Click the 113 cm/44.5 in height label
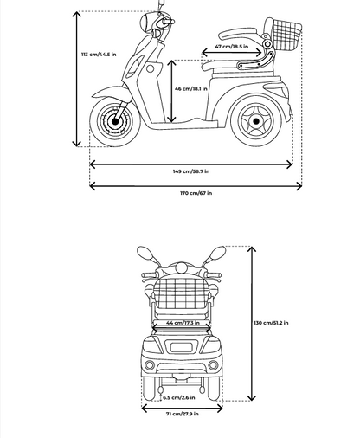click(x=99, y=55)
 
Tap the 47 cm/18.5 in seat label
click(x=231, y=46)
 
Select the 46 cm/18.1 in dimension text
click(x=191, y=88)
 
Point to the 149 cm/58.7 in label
click(x=191, y=171)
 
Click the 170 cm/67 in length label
click(x=196, y=193)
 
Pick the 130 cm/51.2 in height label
click(x=271, y=323)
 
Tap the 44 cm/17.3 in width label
click(x=183, y=323)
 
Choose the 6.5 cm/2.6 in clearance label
click(x=179, y=397)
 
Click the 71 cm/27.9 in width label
click(x=183, y=414)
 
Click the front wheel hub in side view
click(x=115, y=121)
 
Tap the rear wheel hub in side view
click(x=255, y=121)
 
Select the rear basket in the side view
click(x=287, y=34)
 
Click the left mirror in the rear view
click(x=145, y=254)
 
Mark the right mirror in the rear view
click(x=217, y=254)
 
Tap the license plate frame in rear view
click(x=181, y=347)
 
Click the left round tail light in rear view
click(x=150, y=365)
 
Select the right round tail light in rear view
click(x=213, y=365)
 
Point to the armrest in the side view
click(x=237, y=34)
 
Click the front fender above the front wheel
click(x=110, y=93)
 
